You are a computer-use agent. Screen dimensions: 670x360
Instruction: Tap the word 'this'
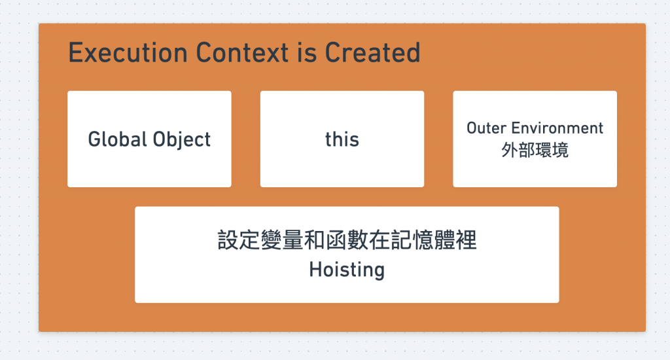(342, 139)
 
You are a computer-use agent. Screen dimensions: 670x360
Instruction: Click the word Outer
(486, 128)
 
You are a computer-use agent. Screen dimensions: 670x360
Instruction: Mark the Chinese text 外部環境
(535, 150)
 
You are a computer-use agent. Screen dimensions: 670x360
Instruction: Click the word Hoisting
(347, 269)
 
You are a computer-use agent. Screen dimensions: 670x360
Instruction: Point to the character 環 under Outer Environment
(543, 150)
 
